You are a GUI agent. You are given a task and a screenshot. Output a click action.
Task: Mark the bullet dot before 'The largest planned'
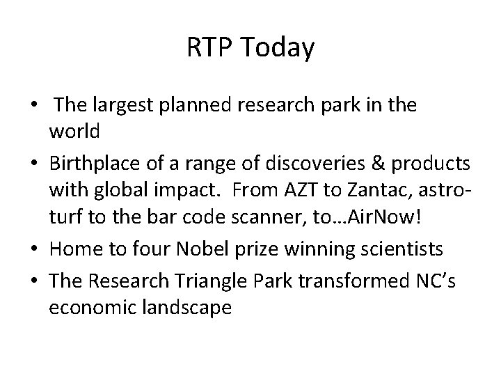[33, 106]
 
